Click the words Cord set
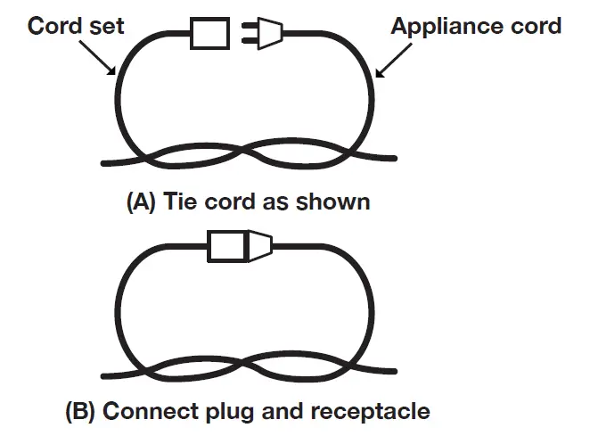[76, 25]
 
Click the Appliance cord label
[476, 25]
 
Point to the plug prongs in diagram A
[248, 35]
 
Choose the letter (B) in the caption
[81, 411]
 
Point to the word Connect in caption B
[147, 411]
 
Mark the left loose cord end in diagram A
[107, 162]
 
